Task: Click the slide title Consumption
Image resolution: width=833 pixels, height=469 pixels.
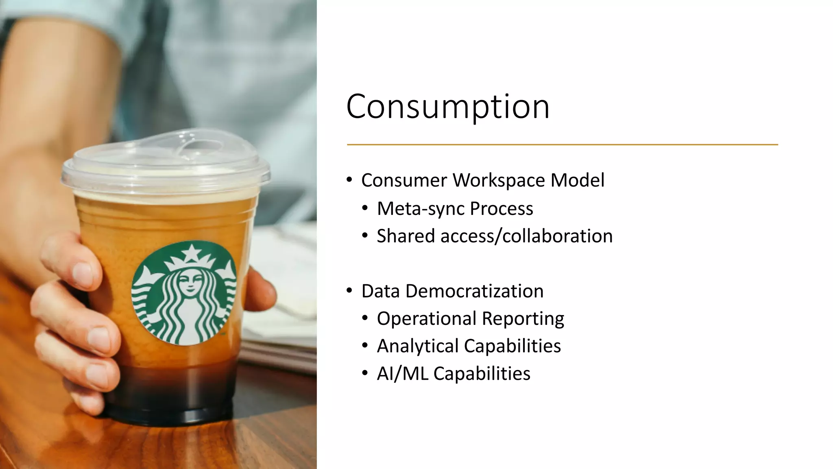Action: click(447, 107)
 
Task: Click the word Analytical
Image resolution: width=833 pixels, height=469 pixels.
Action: click(417, 346)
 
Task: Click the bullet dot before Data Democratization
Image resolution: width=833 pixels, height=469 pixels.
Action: click(349, 291)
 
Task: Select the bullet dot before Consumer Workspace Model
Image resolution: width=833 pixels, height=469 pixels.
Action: click(349, 180)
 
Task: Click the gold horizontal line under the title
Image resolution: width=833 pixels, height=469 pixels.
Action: click(562, 145)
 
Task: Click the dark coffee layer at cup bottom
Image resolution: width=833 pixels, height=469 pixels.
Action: click(171, 391)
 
